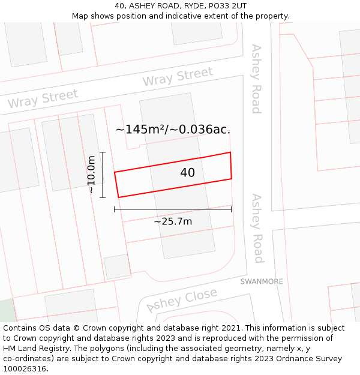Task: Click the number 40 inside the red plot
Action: pos(187,173)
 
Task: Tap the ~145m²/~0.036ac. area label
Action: pos(173,129)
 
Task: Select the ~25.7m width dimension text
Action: pos(173,221)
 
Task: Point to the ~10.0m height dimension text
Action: pos(91,175)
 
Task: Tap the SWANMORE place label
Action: pos(262,281)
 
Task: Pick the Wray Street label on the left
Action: pos(43,98)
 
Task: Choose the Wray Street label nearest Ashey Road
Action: pos(178,77)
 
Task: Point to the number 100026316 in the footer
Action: pos(25,369)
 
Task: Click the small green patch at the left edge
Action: pos(7,310)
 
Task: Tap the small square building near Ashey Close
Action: pos(117,266)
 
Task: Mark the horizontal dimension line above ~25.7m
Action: pos(173,209)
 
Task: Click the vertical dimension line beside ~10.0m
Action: pos(103,175)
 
